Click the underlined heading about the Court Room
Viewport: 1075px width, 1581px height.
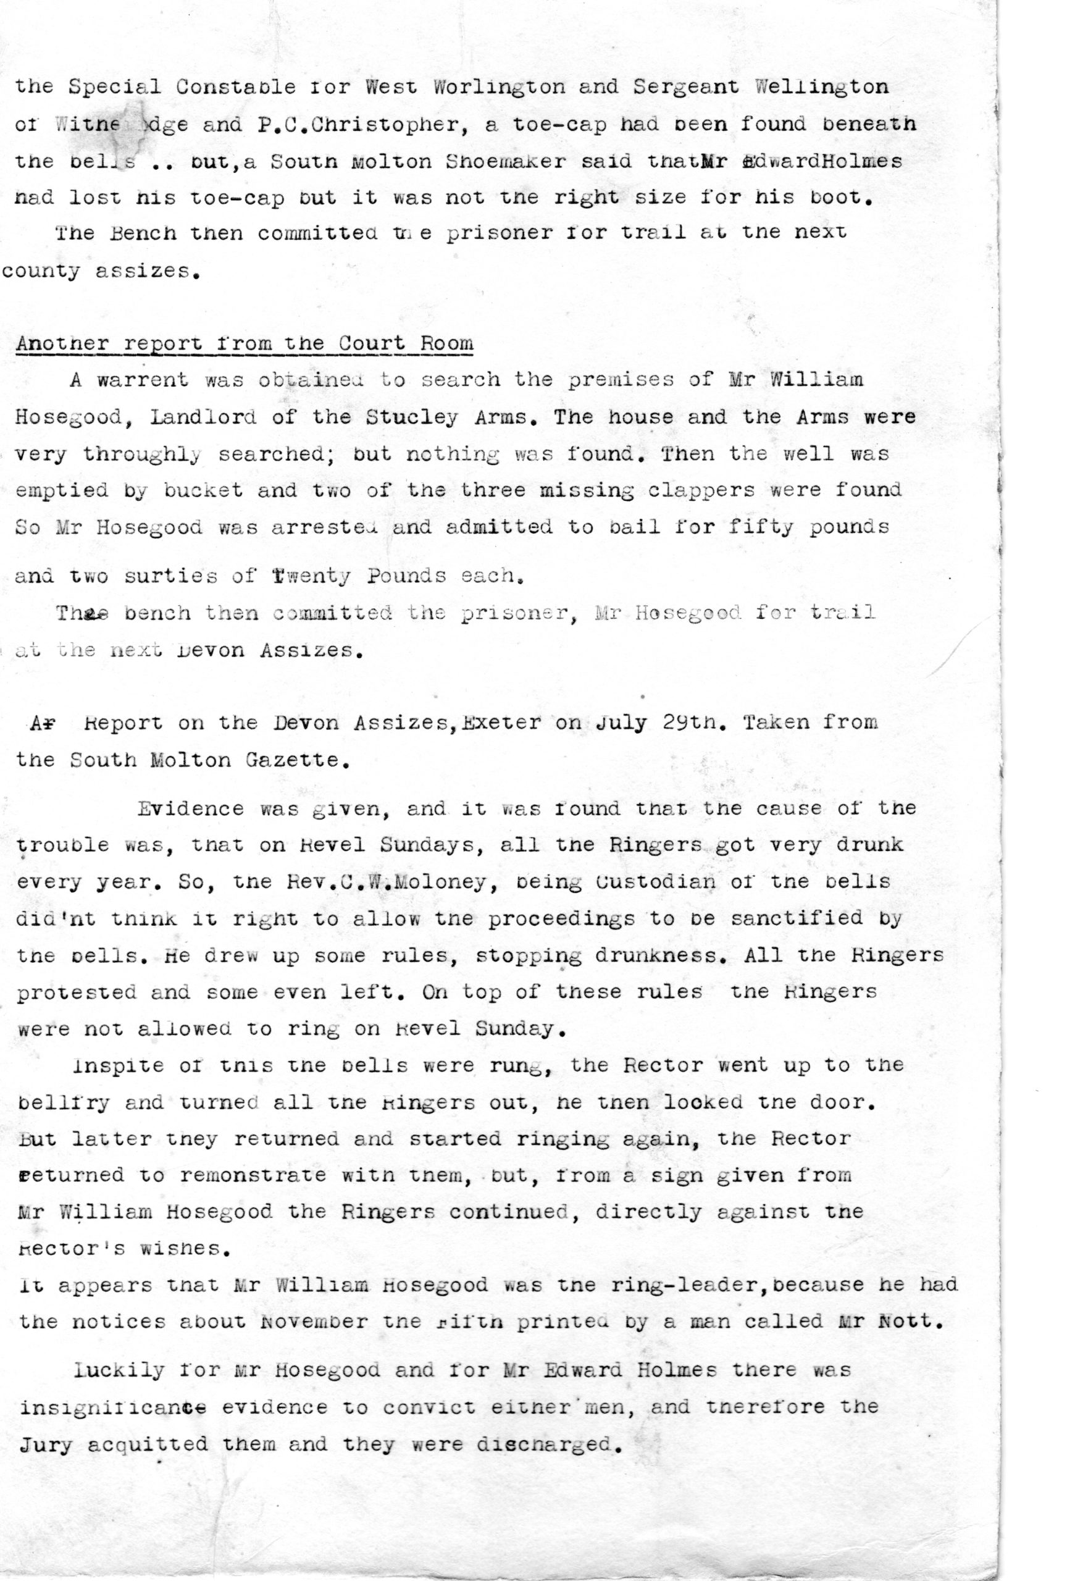tap(244, 343)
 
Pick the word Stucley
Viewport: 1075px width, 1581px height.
tap(412, 417)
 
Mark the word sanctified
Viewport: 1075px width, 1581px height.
tap(795, 918)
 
